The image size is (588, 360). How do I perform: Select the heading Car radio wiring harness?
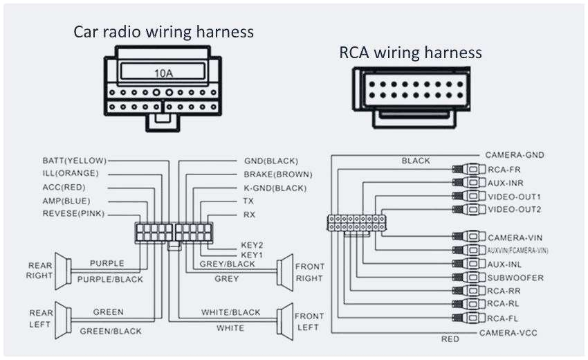(164, 32)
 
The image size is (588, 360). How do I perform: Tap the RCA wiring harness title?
(410, 53)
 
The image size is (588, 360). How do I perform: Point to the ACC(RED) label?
(64, 187)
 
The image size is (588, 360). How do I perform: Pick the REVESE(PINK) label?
(73, 214)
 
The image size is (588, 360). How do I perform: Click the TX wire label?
(249, 201)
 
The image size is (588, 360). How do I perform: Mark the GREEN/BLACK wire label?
(111, 331)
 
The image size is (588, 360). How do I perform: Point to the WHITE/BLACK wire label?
(231, 312)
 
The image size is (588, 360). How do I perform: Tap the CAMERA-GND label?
(515, 155)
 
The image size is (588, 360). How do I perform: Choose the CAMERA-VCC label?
(508, 333)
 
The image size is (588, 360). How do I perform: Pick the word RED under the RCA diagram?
(450, 339)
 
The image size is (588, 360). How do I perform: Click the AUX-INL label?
(505, 264)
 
